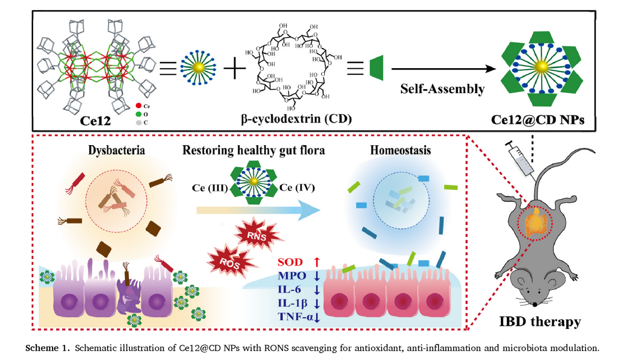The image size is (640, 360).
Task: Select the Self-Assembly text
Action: (x=441, y=89)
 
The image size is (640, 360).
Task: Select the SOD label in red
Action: (x=289, y=263)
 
